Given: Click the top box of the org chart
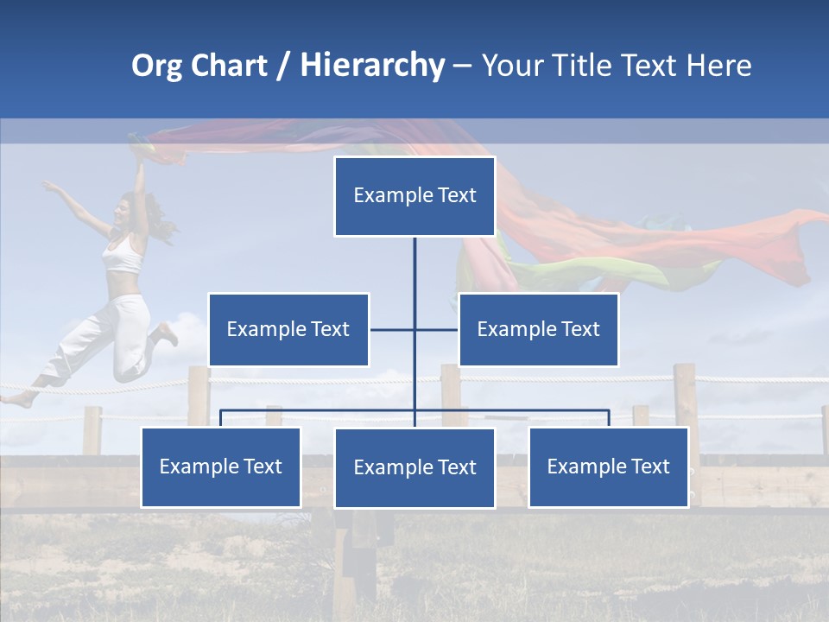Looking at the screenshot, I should pyautogui.click(x=414, y=196).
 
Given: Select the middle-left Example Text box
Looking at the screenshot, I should pyautogui.click(x=288, y=329).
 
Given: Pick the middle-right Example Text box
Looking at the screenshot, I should pyautogui.click(x=538, y=329).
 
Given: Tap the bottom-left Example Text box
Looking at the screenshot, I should pyautogui.click(x=221, y=466).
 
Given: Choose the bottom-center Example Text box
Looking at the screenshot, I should pyautogui.click(x=414, y=467).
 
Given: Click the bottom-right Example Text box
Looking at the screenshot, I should pyautogui.click(x=608, y=466).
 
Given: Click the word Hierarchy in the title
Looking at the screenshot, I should pyautogui.click(x=372, y=66).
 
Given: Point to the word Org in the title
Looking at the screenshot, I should pyautogui.click(x=157, y=66).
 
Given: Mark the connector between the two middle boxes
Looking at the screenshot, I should pyautogui.click(x=414, y=329).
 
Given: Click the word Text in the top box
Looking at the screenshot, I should pyautogui.click(x=457, y=196).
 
